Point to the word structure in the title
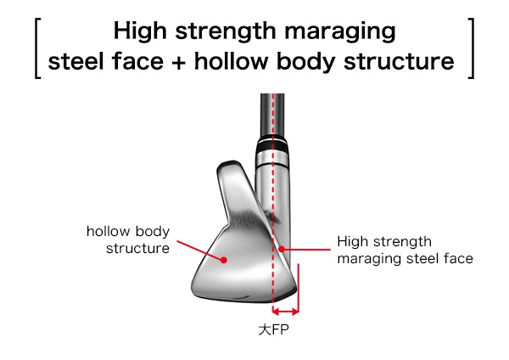(x=400, y=63)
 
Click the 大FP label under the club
(x=273, y=328)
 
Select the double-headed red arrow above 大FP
(x=286, y=310)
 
